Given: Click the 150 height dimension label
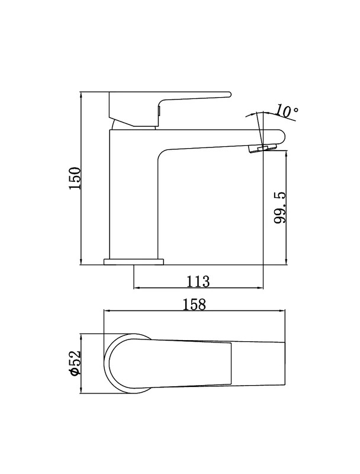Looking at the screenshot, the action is point(75,178).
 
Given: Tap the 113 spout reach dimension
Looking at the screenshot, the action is point(198,281).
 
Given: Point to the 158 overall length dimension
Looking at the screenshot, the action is point(195,305).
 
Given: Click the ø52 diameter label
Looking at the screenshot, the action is point(75,363).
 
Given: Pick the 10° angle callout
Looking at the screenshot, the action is point(287,111).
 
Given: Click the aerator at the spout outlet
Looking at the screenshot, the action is point(262,149).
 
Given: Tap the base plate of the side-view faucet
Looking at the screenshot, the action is point(133,262).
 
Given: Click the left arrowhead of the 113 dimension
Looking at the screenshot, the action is point(137,288).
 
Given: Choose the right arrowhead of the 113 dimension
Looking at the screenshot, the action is point(260,288).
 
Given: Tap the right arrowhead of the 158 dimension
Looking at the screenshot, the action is point(282,310).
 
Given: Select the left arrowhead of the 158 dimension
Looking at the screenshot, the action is point(107,310).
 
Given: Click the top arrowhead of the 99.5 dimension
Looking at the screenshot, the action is point(286,155).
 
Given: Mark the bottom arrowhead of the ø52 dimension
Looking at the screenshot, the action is point(81,390).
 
